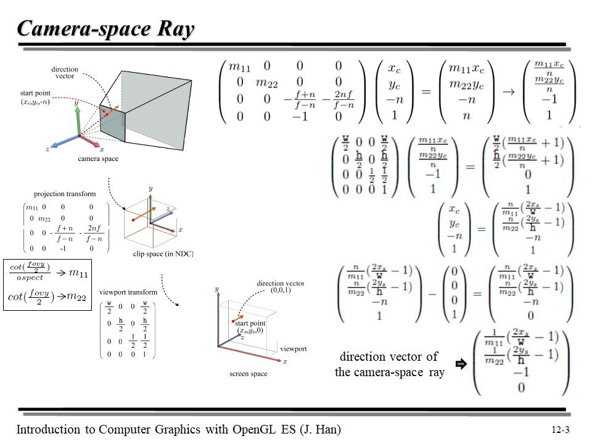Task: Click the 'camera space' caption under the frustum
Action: pos(98,158)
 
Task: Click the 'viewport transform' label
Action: pos(128,292)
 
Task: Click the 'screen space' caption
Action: pos(248,374)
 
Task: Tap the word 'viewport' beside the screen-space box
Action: pos(293,349)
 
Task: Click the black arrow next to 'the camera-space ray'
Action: pos(459,364)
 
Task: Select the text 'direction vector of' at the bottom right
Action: pos(389,356)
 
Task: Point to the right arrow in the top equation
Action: pos(509,91)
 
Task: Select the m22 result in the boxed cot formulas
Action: pos(76,297)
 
